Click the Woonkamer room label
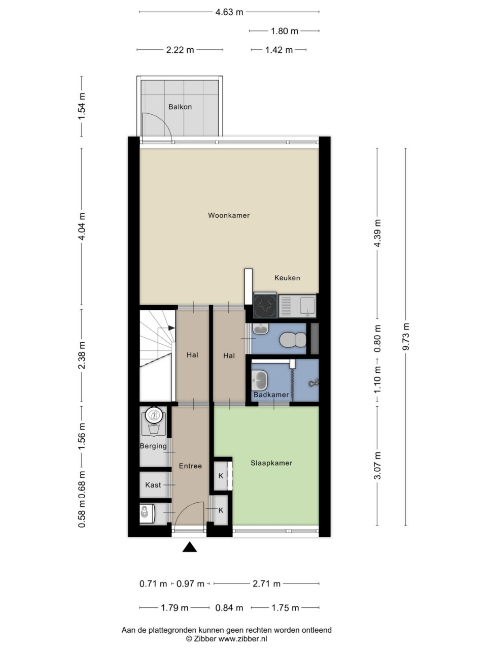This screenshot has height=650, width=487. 229,215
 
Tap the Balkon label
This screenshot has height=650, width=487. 180,107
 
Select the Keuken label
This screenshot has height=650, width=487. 287,278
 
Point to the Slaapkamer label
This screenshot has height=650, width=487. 271,463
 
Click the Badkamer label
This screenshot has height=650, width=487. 271,395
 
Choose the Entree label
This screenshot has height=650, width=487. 190,466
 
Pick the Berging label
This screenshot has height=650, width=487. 153,446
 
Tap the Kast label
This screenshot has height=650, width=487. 153,485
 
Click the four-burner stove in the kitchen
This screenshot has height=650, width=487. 265,305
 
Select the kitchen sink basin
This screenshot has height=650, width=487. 307,305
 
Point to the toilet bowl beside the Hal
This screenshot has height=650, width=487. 293,340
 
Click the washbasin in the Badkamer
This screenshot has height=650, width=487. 260,380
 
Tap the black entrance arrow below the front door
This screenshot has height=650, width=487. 190,547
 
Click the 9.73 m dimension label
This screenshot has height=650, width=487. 406,337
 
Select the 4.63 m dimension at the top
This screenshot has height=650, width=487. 229,12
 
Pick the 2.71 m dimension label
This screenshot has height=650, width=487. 266,583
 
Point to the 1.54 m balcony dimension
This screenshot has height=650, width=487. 82,106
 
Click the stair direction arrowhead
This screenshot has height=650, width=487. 171,328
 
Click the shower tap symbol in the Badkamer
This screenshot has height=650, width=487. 314,383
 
